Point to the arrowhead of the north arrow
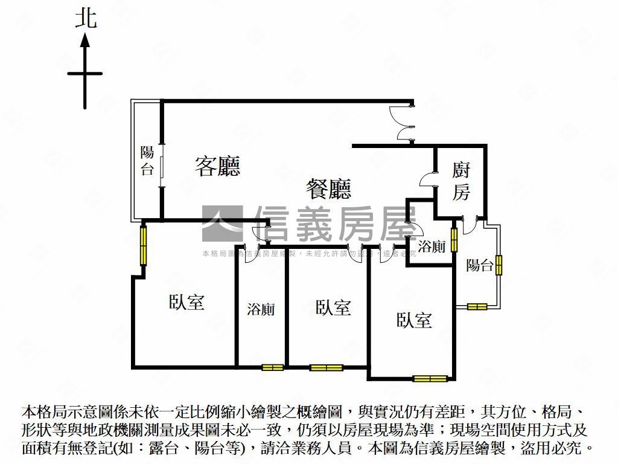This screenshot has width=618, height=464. click(x=85, y=40)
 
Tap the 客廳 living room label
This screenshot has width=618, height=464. click(x=217, y=166)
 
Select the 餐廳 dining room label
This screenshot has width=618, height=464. click(x=328, y=189)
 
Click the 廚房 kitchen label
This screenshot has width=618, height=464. click(x=461, y=181)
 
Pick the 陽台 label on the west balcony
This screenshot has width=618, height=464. click(x=147, y=161)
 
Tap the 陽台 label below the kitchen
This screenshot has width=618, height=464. click(x=480, y=265)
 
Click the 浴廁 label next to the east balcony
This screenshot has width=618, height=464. click(x=432, y=246)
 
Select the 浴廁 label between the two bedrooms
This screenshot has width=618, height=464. click(x=261, y=309)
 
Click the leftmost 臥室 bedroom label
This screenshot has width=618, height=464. click(x=186, y=301)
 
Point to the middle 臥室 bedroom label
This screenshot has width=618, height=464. click(x=333, y=308)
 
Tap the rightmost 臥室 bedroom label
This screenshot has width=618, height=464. click(x=415, y=320)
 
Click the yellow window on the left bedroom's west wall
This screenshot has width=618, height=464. click(x=144, y=244)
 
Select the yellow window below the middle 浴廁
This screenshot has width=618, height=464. click(x=272, y=367)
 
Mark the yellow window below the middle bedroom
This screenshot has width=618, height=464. click(x=326, y=367)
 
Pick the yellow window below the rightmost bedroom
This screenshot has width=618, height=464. click(x=430, y=379)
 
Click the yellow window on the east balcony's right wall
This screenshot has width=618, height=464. click(x=499, y=265)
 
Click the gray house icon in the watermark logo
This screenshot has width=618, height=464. click(x=221, y=222)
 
